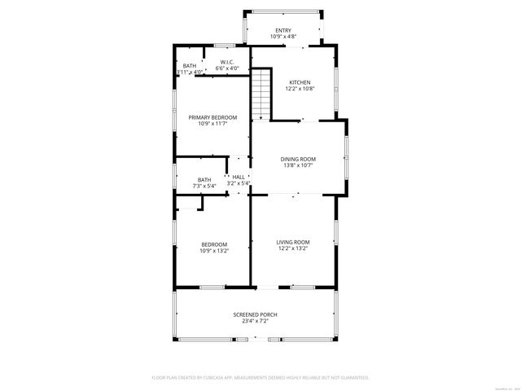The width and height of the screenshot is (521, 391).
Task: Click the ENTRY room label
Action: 282,30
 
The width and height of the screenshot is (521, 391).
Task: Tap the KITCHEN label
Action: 300,82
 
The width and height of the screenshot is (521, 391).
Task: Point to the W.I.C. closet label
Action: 227,62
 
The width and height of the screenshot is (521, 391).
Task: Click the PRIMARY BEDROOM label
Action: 207,117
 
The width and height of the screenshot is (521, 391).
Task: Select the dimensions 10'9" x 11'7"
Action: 207,125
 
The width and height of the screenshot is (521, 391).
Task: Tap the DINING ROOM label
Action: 298,159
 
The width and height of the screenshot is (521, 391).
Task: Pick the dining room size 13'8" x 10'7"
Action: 298,166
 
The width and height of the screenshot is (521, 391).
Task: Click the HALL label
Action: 239,177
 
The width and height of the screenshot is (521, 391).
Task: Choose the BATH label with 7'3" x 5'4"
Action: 204,180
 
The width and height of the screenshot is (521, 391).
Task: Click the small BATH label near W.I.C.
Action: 189,66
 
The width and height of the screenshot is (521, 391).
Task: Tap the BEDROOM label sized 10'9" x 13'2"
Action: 214,244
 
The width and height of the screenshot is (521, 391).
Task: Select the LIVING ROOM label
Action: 293,242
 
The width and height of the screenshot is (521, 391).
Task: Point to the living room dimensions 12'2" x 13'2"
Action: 293,249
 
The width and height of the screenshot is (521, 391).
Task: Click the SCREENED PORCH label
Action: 255,314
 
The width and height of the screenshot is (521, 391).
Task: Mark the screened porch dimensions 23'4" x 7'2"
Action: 255,322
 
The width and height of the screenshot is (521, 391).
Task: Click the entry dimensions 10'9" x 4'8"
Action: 282,37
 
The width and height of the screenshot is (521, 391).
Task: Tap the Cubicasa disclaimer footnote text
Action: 260,378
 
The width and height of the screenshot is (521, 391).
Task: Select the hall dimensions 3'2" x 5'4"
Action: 239,184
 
